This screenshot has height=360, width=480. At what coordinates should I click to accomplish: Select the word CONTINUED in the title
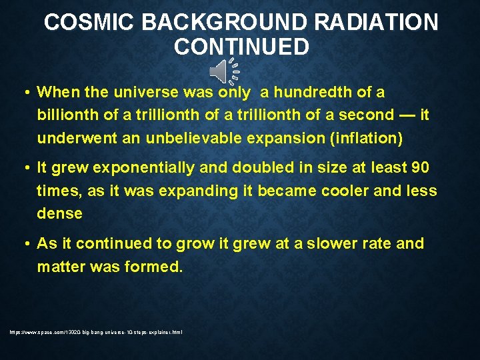pyautogui.click(x=241, y=47)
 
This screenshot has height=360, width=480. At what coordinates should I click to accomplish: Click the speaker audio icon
pyautogui.click(x=223, y=71)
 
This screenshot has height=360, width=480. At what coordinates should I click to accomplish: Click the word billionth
pyautogui.click(x=67, y=115)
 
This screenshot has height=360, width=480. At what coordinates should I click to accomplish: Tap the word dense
pyautogui.click(x=59, y=213)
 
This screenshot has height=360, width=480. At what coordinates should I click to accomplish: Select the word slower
pyautogui.click(x=325, y=243)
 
